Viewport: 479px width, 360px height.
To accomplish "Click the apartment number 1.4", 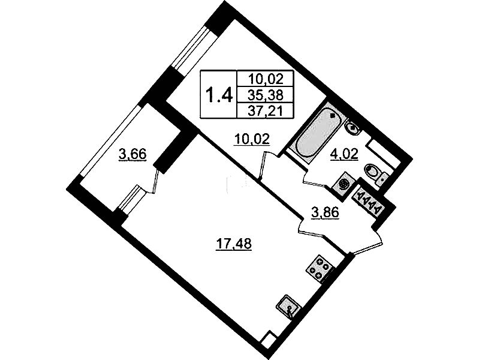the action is (x=219, y=95).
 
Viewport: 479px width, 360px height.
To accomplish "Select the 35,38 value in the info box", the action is (x=266, y=95).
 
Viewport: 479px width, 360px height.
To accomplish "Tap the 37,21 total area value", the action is (x=266, y=110).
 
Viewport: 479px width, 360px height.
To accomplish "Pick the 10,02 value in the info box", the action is (x=266, y=80).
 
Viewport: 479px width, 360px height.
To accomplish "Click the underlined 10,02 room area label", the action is (x=252, y=140).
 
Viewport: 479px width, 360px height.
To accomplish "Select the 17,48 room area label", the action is (x=233, y=244).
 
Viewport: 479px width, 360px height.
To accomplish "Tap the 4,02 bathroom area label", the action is (x=344, y=154).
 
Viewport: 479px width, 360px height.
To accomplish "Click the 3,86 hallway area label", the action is (x=325, y=213).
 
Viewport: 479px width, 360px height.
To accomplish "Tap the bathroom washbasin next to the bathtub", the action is (x=353, y=127).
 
